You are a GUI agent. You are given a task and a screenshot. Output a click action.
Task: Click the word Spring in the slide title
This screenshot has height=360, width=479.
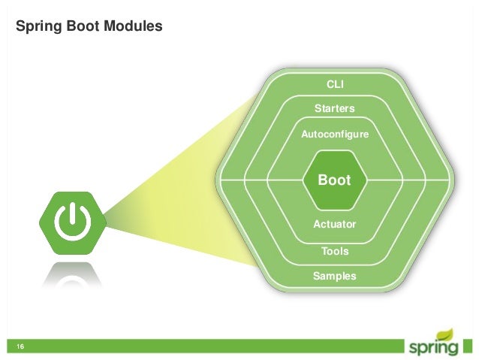(38, 27)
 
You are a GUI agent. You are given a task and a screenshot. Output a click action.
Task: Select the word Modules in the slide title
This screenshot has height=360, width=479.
(132, 27)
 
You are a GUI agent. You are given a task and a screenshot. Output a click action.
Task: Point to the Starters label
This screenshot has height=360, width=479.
(335, 109)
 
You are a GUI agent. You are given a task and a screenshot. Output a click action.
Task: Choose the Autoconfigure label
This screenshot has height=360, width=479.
(335, 135)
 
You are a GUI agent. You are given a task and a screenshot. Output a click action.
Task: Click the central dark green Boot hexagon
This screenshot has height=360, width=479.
(335, 180)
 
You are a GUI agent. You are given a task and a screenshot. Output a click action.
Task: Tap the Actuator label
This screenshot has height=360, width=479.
(335, 224)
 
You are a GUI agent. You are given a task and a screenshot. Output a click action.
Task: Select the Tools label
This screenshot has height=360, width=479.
(335, 251)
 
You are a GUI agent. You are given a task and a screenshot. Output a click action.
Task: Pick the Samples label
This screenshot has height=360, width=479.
(335, 277)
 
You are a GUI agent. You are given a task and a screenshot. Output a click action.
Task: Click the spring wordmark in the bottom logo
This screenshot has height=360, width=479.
(433, 348)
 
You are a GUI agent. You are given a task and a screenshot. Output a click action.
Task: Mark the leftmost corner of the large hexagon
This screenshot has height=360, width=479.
(216, 180)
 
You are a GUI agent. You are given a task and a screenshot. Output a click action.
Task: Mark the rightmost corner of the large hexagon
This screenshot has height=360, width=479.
(454, 180)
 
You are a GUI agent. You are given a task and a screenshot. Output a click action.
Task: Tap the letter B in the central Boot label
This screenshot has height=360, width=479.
(323, 180)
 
